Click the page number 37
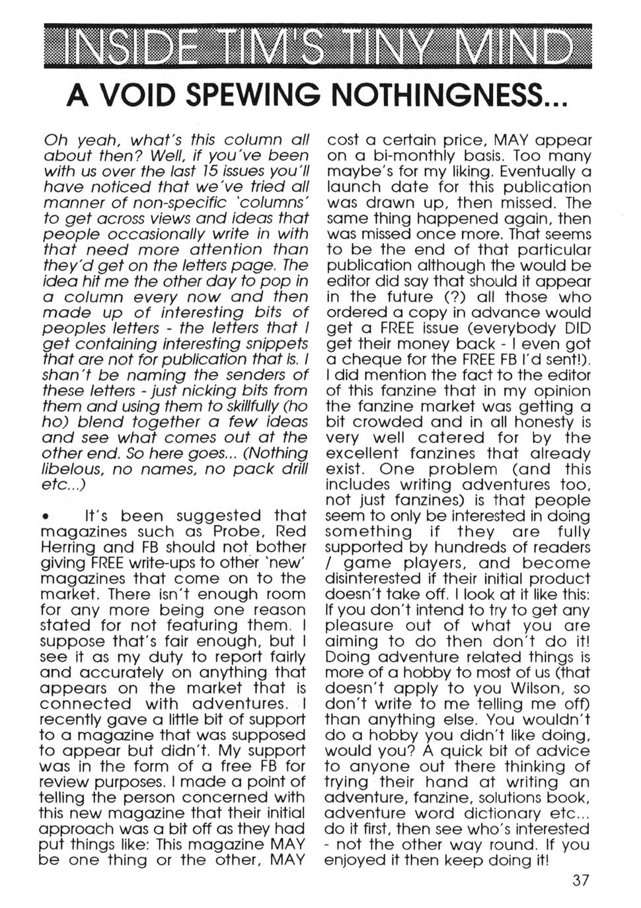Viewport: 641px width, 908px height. click(581, 880)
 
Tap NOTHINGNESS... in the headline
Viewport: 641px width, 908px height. click(449, 96)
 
